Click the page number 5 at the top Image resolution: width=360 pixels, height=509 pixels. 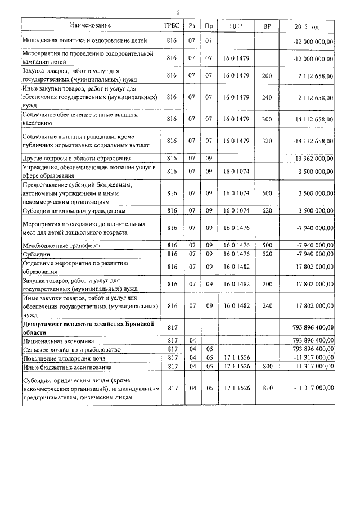pyautogui.click(x=178, y=12)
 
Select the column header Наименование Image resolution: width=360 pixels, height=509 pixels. pyautogui.click(x=91, y=25)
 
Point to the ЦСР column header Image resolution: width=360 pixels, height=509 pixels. pyautogui.click(x=236, y=26)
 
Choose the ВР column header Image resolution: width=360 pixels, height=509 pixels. pyautogui.click(x=267, y=26)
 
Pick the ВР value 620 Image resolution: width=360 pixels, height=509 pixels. pyautogui.click(x=267, y=211)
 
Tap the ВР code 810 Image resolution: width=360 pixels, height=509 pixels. pyautogui.click(x=267, y=388)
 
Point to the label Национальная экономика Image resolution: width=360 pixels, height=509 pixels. pyautogui.click(x=58, y=341)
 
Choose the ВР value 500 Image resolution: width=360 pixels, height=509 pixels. pyautogui.click(x=267, y=245)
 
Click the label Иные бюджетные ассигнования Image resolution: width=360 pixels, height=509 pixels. pyautogui.click(x=64, y=366)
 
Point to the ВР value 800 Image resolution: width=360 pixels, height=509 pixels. pyautogui.click(x=267, y=366)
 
